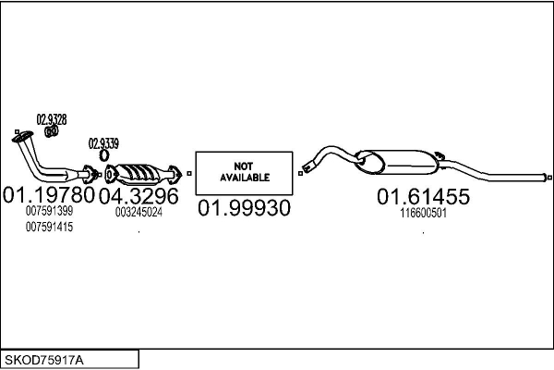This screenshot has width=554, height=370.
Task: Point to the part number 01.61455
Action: point(423,196)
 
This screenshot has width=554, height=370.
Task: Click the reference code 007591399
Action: point(50,212)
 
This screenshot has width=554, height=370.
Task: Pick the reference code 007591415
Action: point(50,227)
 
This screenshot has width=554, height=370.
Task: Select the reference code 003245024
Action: point(138,212)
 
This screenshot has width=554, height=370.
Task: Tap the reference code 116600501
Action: point(423,212)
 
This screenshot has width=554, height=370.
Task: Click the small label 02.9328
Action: point(52,118)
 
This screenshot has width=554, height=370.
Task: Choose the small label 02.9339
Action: point(103,143)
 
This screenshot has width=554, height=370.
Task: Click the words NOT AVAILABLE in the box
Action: point(244,171)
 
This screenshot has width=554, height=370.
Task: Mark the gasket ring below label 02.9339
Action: point(103,155)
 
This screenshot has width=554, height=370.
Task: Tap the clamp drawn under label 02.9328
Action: point(53,131)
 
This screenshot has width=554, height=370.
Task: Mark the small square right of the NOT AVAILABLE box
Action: point(300,172)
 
